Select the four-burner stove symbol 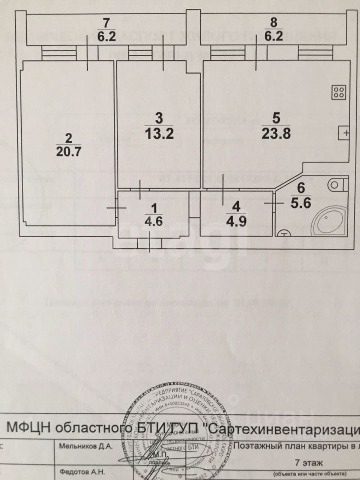tap(338, 92)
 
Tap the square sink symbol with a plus tap(344, 132)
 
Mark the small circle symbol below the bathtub tap(283, 232)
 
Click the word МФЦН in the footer tap(28, 428)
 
